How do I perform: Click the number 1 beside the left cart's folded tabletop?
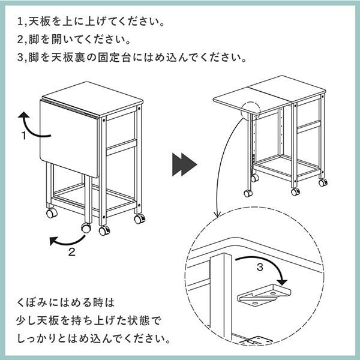coord(25,136)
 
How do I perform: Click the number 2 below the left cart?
coord(72,252)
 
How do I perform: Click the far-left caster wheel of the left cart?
coord(50,212)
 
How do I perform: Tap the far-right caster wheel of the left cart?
coord(139,218)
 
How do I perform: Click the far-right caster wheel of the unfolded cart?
coord(323,182)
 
